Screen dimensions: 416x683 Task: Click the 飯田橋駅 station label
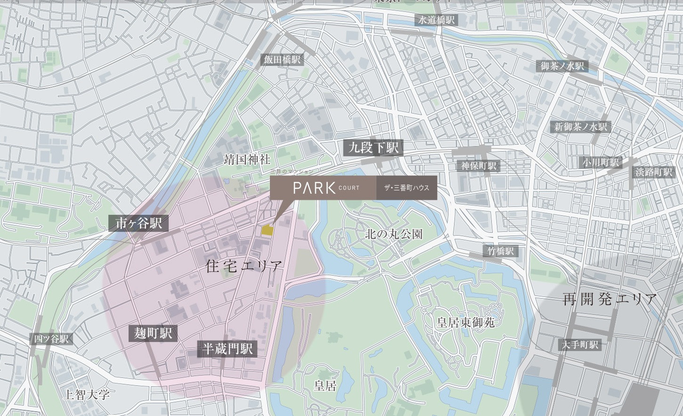(282, 59)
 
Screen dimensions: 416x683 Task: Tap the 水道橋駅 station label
(436, 20)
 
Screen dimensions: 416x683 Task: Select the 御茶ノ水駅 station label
(562, 66)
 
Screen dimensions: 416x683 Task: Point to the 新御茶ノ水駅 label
(581, 126)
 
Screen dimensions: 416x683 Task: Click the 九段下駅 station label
(373, 148)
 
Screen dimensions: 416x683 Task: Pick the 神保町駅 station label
(479, 166)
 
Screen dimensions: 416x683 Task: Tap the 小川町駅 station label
(600, 163)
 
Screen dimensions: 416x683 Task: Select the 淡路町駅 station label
(653, 172)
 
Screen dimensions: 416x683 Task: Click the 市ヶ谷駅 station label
(138, 223)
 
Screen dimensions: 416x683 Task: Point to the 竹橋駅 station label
(500, 251)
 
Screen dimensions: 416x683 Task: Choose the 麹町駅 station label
(153, 334)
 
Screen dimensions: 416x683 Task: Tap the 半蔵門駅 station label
(228, 349)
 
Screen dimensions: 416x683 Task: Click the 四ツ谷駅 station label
(51, 339)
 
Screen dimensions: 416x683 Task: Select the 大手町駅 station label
(580, 345)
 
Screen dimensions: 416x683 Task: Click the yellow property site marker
(267, 230)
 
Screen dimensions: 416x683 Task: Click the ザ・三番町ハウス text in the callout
(407, 188)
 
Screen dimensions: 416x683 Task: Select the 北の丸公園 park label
(394, 234)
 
